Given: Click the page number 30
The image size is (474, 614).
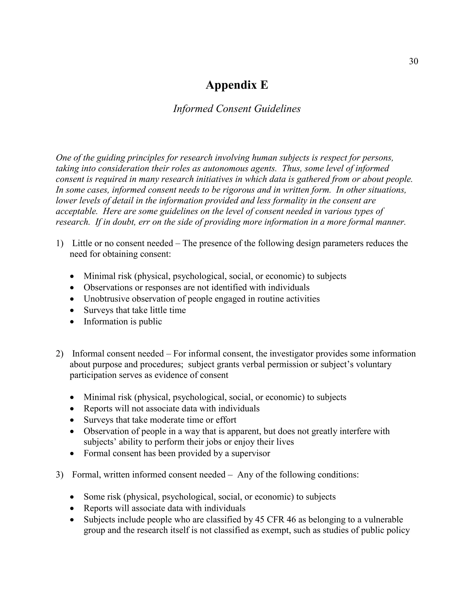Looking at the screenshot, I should [413, 61].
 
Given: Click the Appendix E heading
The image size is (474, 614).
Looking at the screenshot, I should [237, 85].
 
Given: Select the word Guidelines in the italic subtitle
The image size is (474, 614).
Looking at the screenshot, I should [277, 109].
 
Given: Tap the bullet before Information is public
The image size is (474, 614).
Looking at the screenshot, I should [72, 322].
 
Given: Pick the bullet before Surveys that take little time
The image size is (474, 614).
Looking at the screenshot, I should [72, 311].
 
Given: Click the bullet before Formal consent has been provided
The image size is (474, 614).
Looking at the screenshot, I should [72, 454].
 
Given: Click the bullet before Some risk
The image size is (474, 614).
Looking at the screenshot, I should [72, 497].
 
